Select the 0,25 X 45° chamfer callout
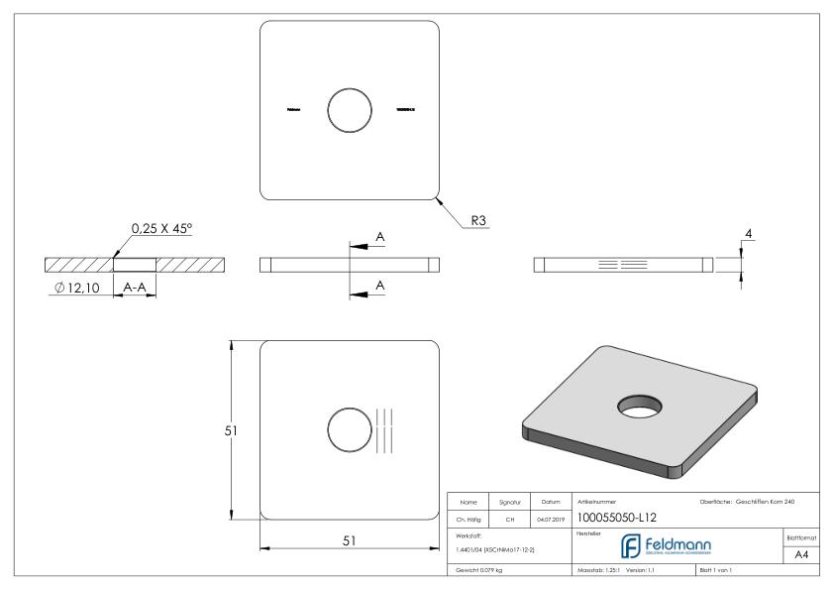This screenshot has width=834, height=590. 162,229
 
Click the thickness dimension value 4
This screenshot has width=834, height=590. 750,234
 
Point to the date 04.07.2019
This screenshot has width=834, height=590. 550,518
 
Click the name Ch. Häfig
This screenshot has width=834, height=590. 469,518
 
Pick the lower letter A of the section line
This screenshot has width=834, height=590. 379,285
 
